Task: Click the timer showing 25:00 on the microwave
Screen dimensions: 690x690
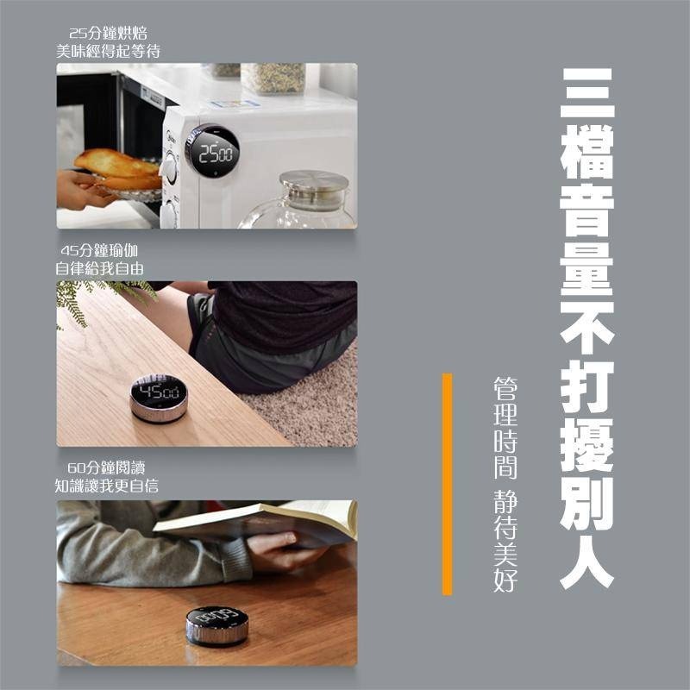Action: coord(212,153)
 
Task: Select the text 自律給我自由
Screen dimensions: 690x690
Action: coord(99,268)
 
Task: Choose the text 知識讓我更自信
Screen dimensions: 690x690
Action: coord(107,486)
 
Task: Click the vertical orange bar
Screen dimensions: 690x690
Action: coord(447,484)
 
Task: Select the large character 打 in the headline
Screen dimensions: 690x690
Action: coord(586,384)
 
